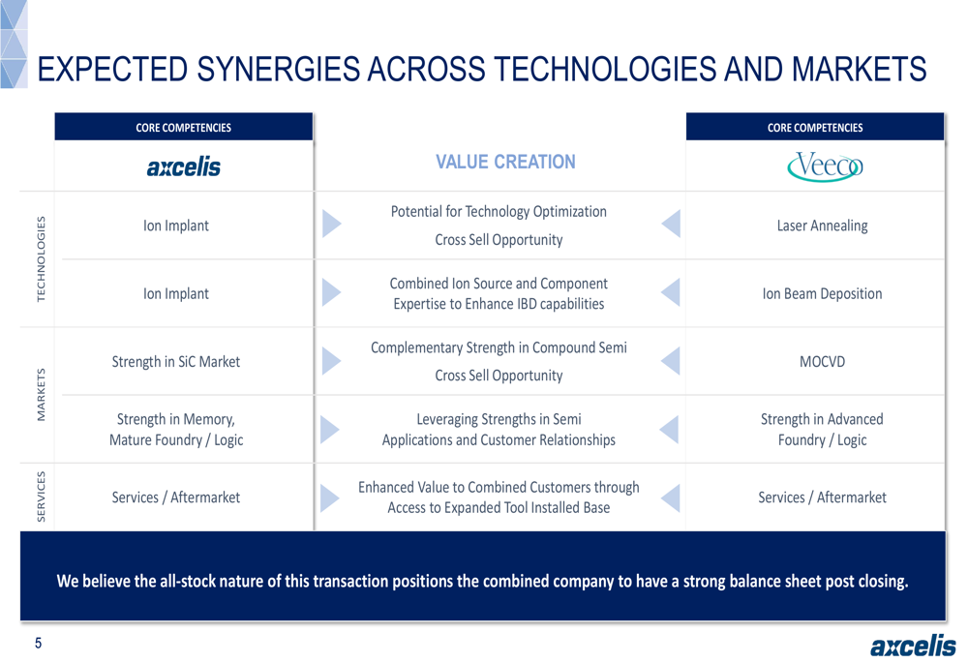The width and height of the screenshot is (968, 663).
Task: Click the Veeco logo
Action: (x=825, y=166)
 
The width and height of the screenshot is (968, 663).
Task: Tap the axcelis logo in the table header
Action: (x=183, y=166)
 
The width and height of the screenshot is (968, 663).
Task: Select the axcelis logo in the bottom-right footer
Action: (x=913, y=646)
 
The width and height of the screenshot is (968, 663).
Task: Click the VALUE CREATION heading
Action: (x=505, y=162)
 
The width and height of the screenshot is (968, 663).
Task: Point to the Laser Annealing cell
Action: (x=822, y=226)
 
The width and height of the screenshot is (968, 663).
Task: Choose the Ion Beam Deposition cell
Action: (x=822, y=294)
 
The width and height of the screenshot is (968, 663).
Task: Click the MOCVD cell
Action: (x=822, y=362)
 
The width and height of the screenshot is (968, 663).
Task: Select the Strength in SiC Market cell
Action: (x=176, y=362)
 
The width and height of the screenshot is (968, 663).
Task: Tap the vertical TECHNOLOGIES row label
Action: (x=42, y=258)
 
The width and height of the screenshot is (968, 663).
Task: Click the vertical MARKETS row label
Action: (x=42, y=395)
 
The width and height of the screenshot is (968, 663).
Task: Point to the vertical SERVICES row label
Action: (x=42, y=497)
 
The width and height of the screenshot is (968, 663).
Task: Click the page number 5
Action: (x=39, y=644)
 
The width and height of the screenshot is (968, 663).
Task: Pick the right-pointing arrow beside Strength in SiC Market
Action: (x=331, y=361)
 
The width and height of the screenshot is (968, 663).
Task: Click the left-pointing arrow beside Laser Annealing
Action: (x=671, y=223)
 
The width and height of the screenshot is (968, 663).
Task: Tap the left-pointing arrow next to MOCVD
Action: (x=671, y=361)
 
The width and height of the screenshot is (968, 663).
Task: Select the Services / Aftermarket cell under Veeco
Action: (x=822, y=497)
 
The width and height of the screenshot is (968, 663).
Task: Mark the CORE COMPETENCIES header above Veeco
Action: (x=815, y=128)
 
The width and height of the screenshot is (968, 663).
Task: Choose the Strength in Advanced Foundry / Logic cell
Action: (x=822, y=430)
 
